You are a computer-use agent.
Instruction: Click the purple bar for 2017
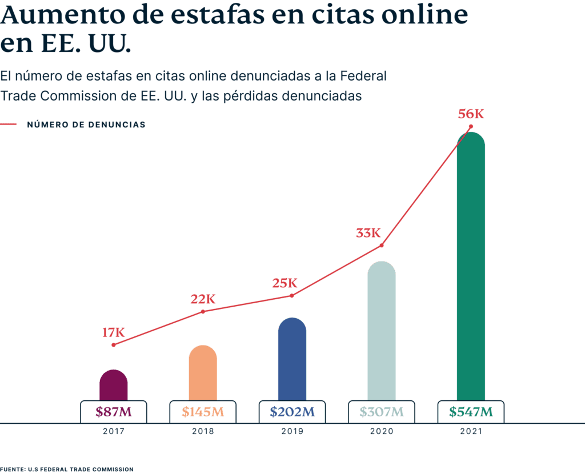click(113, 385)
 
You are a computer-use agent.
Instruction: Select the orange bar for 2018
click(202, 373)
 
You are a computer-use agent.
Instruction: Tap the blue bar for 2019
click(292, 360)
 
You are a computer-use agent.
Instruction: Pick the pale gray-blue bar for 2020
click(381, 331)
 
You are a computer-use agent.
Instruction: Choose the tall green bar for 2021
click(471, 268)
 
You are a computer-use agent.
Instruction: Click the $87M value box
click(113, 412)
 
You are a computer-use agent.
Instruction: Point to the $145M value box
click(202, 412)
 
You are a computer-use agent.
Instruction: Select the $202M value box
click(292, 412)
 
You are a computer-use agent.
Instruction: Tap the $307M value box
click(381, 412)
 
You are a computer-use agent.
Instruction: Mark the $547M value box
click(471, 412)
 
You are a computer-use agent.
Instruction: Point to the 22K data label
click(203, 299)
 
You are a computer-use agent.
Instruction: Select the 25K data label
click(284, 283)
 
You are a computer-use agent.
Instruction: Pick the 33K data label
click(368, 233)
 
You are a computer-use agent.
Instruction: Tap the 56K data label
click(471, 114)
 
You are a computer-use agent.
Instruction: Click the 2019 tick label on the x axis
click(292, 432)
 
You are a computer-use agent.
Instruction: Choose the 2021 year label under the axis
click(471, 432)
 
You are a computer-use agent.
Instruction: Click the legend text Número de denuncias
click(86, 124)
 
